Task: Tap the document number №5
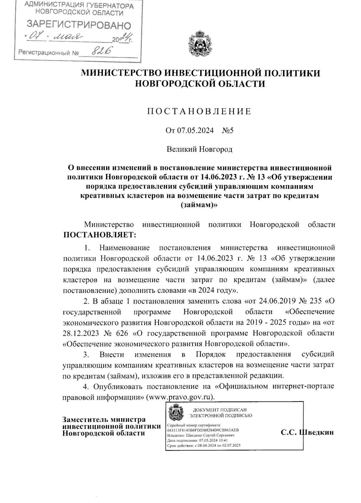pyautogui.click(x=228, y=131)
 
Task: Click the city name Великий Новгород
pyautogui.click(x=199, y=149)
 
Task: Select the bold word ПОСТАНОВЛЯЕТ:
pyautogui.click(x=100, y=235)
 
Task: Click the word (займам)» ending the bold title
pyautogui.click(x=199, y=205)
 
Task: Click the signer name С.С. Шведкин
pyautogui.click(x=307, y=432)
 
